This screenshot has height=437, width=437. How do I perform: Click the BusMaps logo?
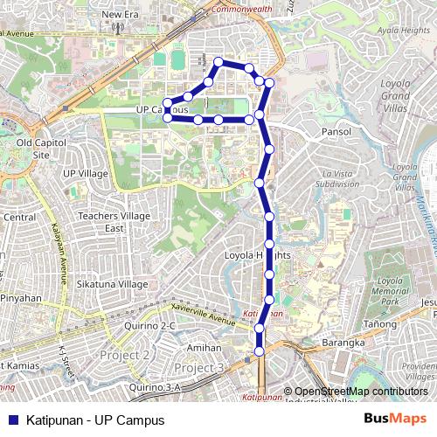[395, 420]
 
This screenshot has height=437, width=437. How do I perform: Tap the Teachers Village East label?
[114, 222]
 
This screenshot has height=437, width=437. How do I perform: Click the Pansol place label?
[336, 132]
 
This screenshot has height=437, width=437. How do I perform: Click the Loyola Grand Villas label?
[402, 95]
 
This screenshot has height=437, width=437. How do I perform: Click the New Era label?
[121, 15]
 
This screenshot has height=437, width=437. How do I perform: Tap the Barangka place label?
[343, 343]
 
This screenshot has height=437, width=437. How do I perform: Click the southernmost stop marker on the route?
[259, 351]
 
